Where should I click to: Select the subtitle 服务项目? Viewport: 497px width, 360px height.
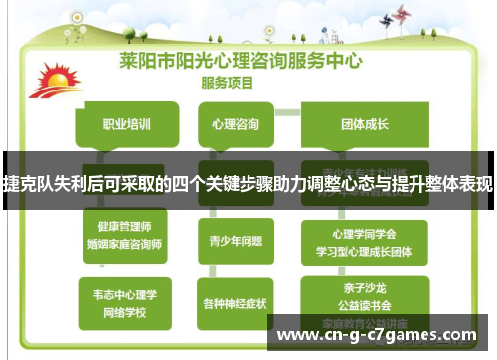(230, 82)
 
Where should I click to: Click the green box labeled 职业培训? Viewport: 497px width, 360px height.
(126, 125)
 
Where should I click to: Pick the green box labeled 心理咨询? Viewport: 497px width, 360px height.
(235, 125)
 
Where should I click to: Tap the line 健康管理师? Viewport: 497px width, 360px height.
(126, 226)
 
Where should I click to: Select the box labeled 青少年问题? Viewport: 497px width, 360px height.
(235, 239)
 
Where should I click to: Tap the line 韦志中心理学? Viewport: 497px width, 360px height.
(125, 294)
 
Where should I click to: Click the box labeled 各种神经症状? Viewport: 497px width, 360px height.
(236, 302)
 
